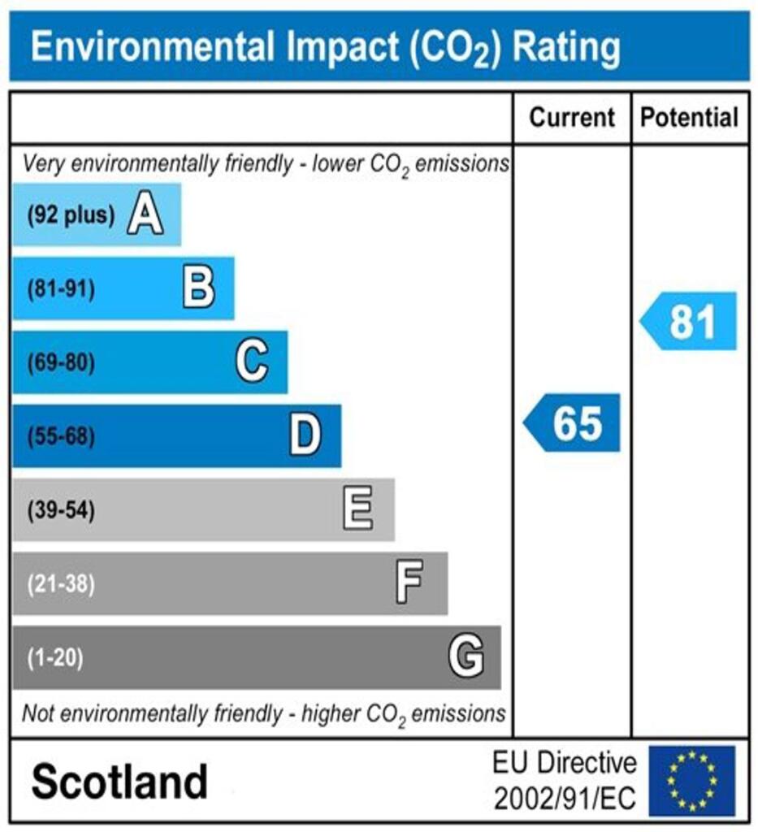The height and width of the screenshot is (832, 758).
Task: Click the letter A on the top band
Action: coord(145,215)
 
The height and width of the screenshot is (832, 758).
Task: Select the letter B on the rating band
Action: coord(199,288)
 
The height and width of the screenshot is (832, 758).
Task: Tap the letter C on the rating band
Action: coord(252,362)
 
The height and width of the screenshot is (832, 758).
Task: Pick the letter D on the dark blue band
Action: coord(305,436)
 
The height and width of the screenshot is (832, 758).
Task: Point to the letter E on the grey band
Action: coord(358,510)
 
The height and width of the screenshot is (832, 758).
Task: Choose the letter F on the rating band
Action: coord(409,583)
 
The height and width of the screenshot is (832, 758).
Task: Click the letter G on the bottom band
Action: coord(466,657)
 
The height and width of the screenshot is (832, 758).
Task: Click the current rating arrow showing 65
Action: coord(573,423)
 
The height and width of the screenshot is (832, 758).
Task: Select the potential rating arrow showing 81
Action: coord(690,322)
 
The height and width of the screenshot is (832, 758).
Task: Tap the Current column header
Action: coord(572,118)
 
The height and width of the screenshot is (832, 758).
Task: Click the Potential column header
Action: coord(690,118)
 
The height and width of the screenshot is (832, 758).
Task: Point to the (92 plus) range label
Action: coord(71,216)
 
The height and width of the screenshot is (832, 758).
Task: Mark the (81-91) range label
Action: coord(61,289)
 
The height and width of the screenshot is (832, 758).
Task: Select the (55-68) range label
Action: coord(61,437)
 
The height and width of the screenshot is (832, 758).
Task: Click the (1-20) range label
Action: coord(55,657)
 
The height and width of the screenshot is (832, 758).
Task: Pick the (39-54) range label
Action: coord(61,510)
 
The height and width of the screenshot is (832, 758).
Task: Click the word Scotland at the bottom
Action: coord(119,782)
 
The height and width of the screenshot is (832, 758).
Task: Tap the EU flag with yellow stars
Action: coord(691,781)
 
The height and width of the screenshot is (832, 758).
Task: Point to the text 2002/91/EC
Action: coord(565,799)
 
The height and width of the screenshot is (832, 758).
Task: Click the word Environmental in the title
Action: coord(149,47)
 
